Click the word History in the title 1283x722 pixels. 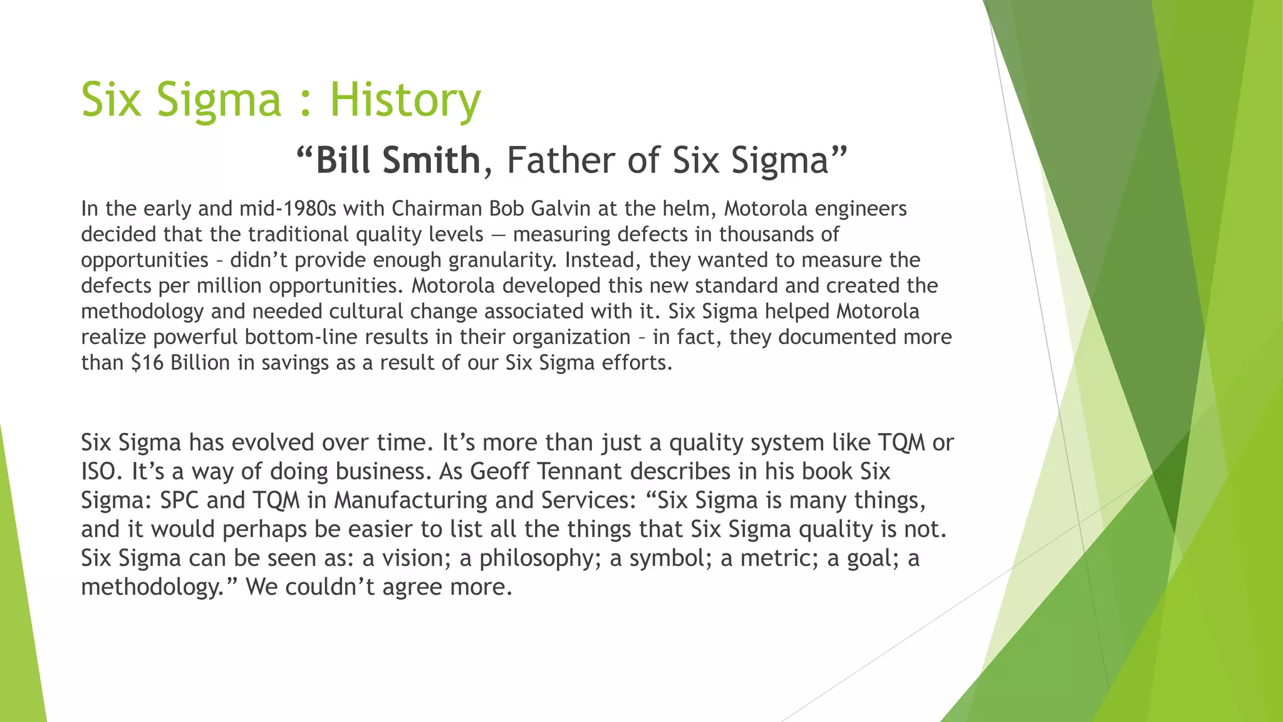click(x=405, y=100)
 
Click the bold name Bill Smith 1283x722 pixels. click(x=398, y=160)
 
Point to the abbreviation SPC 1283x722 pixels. click(x=179, y=500)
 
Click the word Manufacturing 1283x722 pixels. click(x=410, y=500)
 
